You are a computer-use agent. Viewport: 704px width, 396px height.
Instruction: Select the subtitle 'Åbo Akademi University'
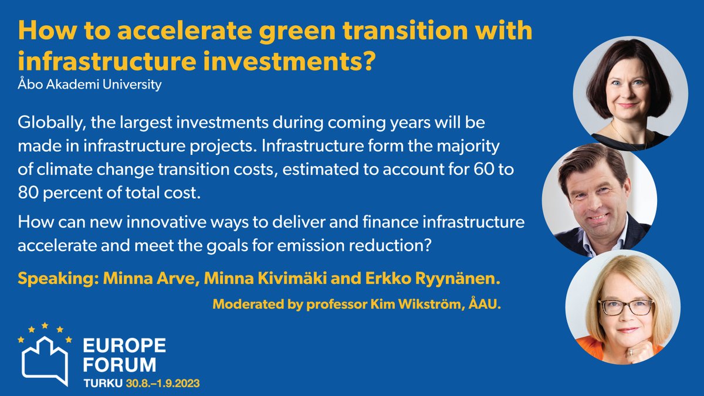[90, 86]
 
